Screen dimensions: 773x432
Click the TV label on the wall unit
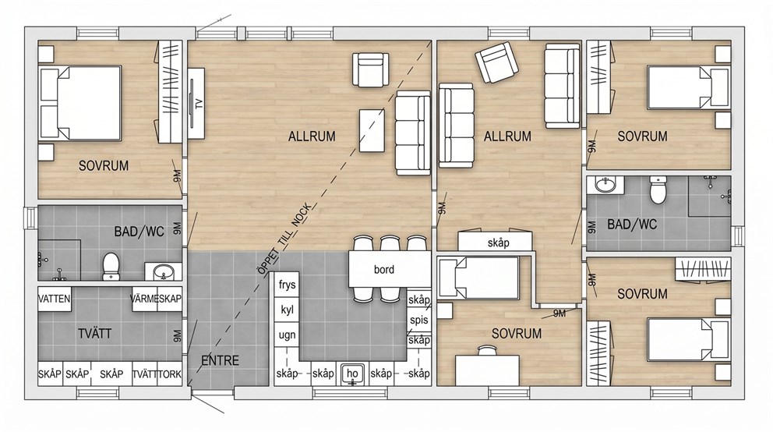(x=199, y=104)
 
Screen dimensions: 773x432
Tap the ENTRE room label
(x=221, y=360)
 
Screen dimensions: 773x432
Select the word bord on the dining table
(x=384, y=269)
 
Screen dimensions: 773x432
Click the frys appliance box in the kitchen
(x=287, y=285)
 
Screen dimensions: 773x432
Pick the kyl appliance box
(x=287, y=310)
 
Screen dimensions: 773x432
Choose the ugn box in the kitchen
(x=287, y=335)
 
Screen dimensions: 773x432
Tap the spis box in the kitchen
(x=419, y=320)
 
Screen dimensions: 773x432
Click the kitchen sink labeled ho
(x=352, y=374)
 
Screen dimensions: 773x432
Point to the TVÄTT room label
(x=94, y=334)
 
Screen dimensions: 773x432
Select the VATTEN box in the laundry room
(x=55, y=299)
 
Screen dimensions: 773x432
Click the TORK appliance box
(x=170, y=374)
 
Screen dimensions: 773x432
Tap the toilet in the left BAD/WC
(x=111, y=267)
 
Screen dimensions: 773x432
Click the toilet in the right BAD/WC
(x=658, y=189)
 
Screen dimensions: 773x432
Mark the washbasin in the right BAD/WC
(x=605, y=185)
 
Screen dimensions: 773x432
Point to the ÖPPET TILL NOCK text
(x=284, y=239)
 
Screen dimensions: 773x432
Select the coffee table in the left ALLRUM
(x=372, y=130)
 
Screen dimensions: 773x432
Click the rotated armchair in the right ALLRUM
(x=496, y=63)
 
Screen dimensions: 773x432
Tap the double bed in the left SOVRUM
(x=80, y=103)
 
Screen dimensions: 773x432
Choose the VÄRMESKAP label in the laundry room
(x=157, y=299)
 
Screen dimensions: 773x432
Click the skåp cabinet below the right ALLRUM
(x=495, y=242)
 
